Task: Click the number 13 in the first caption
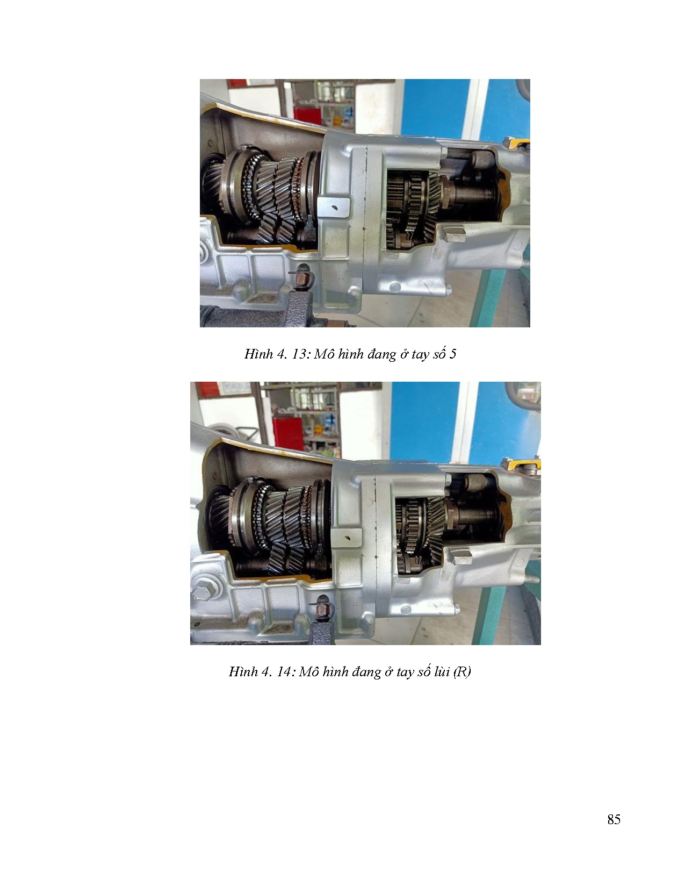(x=299, y=354)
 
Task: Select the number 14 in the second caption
(x=284, y=671)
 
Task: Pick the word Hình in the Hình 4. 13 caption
(x=258, y=354)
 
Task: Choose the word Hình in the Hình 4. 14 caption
(x=243, y=671)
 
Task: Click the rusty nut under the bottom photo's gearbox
(x=322, y=611)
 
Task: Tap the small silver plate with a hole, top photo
(x=334, y=208)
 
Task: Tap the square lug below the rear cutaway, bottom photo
(x=462, y=556)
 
